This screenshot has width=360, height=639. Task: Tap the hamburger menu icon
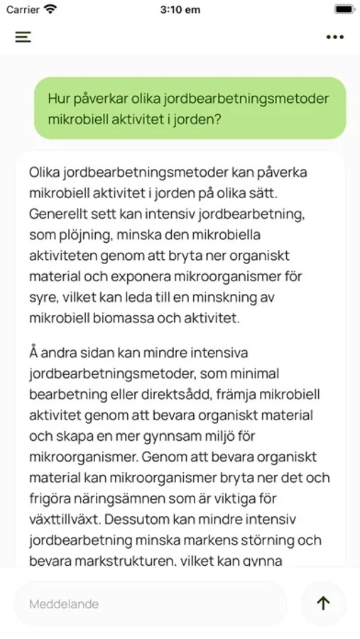point(23,37)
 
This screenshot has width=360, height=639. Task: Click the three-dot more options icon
point(335,37)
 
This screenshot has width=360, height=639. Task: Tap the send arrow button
point(323,603)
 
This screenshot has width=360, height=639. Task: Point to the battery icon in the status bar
point(344,10)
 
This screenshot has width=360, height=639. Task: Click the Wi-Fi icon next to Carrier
point(50,10)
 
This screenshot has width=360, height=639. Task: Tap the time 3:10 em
point(180,10)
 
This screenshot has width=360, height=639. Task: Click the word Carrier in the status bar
point(23,10)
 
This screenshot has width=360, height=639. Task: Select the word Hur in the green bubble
point(59,99)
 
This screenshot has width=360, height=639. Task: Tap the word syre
point(43,297)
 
